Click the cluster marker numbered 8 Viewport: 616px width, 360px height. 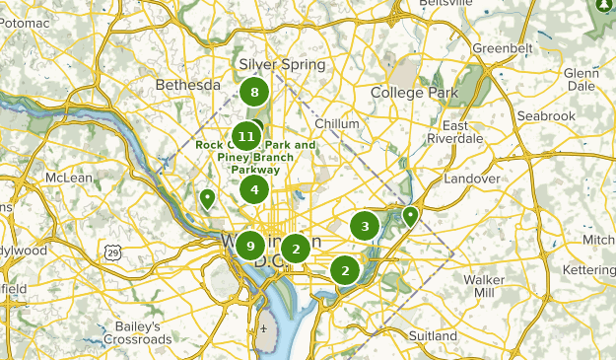tap(254, 93)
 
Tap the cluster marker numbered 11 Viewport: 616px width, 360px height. tap(246, 136)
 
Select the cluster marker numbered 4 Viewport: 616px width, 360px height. tap(254, 189)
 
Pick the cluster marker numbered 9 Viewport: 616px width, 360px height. tap(250, 246)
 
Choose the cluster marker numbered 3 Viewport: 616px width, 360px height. tap(365, 227)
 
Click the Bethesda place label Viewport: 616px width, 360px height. tap(187, 85)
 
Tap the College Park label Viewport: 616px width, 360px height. tap(415, 93)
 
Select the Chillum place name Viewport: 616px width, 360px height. tap(338, 123)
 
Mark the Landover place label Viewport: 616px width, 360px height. tap(472, 179)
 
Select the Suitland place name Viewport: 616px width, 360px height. tap(433, 335)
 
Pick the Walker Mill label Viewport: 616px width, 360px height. tap(483, 286)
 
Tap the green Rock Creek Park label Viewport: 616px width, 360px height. tap(256, 157)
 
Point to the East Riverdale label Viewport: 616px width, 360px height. tap(454, 132)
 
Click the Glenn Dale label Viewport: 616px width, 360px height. tap(582, 80)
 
